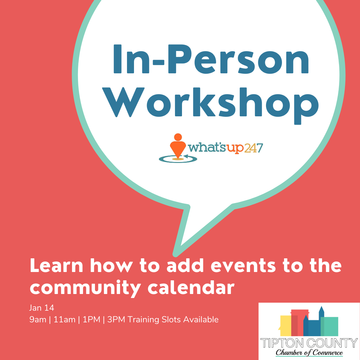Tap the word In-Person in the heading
tap(211, 59)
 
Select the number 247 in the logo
tap(253, 148)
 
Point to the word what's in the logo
tap(207, 148)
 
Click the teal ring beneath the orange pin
tap(178, 159)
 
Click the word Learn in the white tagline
tap(56, 266)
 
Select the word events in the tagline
tap(243, 266)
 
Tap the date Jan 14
tap(42, 308)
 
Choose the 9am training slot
tap(38, 320)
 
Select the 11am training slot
tap(65, 320)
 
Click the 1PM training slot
tap(91, 320)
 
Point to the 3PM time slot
tap(116, 320)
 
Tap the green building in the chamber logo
tap(329, 326)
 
